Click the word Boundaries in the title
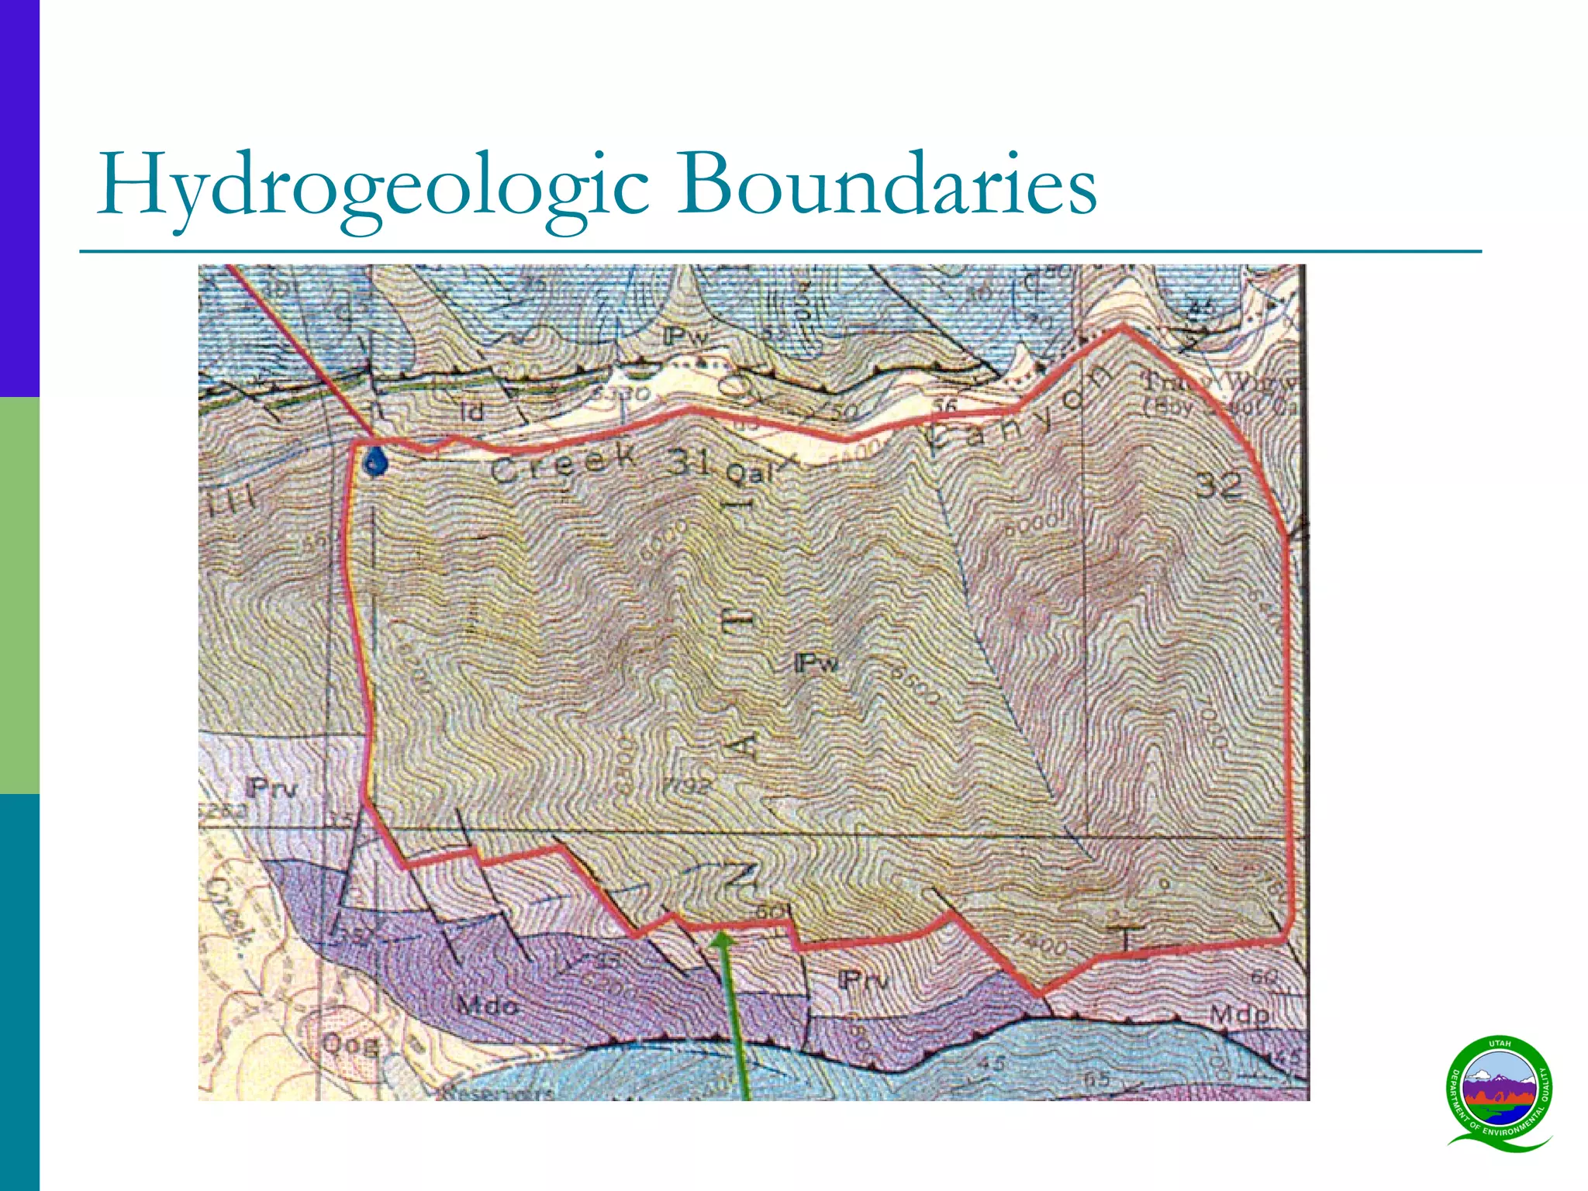[x=886, y=185]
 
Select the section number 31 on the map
[x=689, y=462]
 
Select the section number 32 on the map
[x=1218, y=486]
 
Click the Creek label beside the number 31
[x=564, y=464]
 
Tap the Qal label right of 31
[x=749, y=472]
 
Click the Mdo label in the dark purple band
[x=486, y=1006]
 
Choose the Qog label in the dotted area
[x=350, y=1045]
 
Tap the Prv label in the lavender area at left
[x=271, y=789]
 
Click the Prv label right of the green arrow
[x=863, y=980]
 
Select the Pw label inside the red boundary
[x=816, y=663]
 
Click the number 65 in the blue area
[x=1096, y=1079]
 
